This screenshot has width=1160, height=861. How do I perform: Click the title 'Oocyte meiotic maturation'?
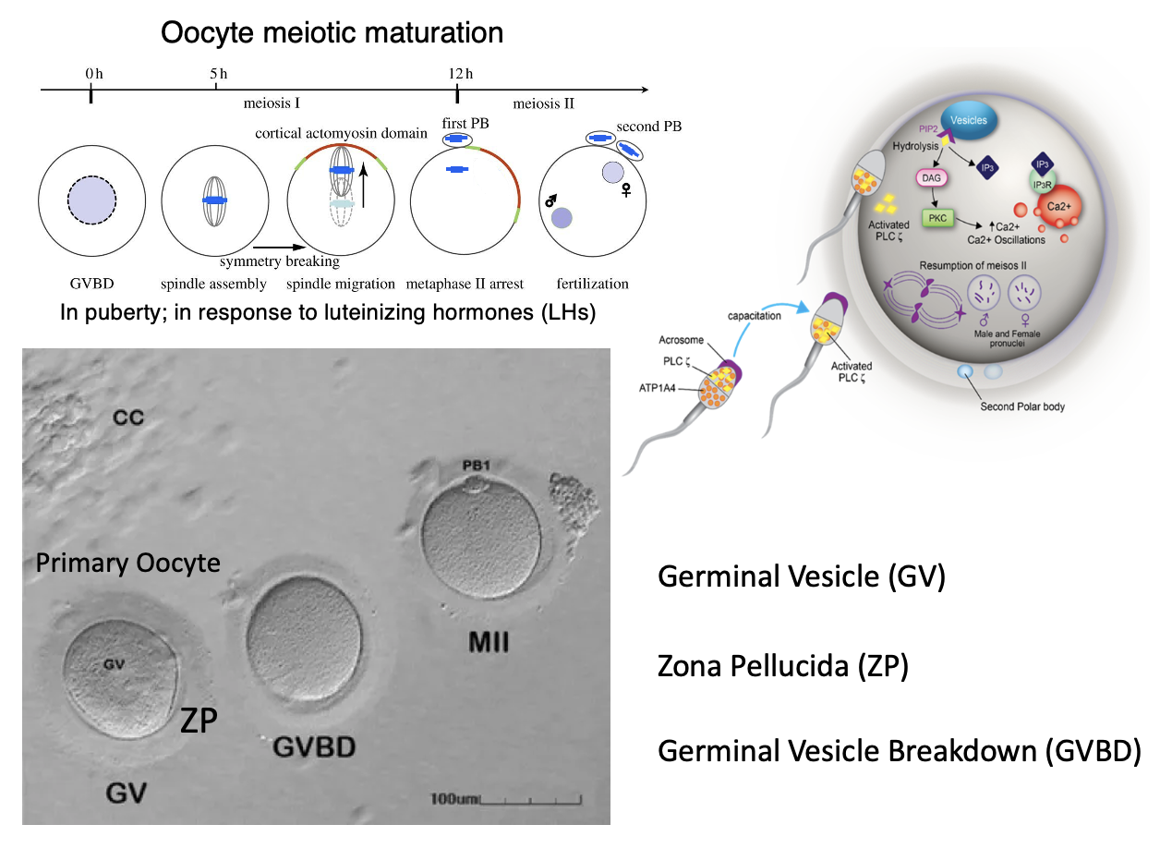pos(332,33)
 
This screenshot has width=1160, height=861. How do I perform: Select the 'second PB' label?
pos(651,127)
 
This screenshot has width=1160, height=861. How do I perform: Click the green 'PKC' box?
pos(936,219)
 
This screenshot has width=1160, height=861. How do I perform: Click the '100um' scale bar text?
pos(454,797)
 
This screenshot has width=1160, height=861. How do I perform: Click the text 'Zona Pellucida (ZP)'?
pos(782,665)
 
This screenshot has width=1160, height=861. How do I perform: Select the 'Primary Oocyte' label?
pos(127,563)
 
